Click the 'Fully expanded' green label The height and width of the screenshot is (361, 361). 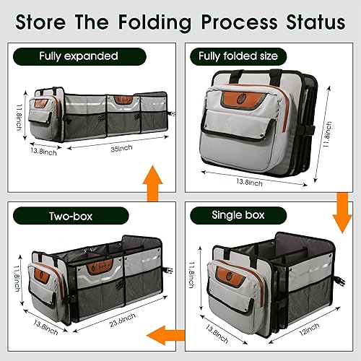click(79, 56)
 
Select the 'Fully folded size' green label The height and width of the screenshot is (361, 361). click(239, 55)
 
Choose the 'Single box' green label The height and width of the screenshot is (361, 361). click(239, 214)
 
